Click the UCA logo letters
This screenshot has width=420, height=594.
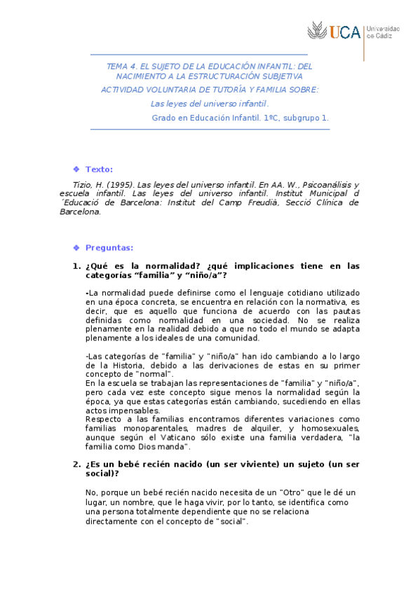345,32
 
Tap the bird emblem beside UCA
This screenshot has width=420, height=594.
317,32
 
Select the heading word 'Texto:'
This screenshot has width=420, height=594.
99,170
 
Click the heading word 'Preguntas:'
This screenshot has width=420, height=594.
109,247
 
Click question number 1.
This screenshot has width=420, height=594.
76,265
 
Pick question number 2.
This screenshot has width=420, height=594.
76,464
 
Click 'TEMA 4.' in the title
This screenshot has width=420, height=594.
121,66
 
